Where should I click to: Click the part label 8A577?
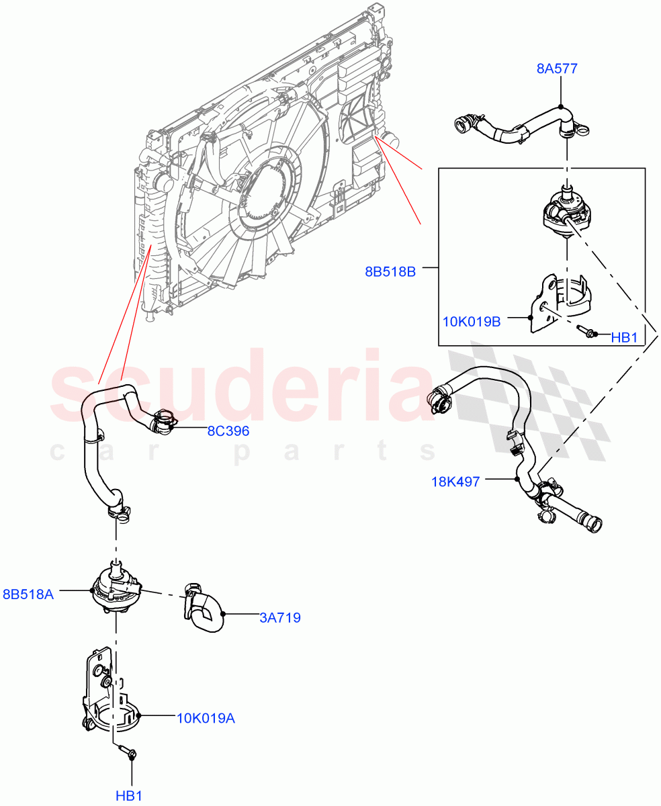coord(557,68)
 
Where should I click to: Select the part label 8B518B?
coord(390,271)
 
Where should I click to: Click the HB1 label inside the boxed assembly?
coord(624,338)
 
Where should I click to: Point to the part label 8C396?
coord(228,431)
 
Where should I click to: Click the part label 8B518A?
coord(28,594)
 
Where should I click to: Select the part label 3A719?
coord(279,618)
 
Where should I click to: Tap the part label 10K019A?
coord(206,719)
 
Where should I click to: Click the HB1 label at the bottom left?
coord(129,796)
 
